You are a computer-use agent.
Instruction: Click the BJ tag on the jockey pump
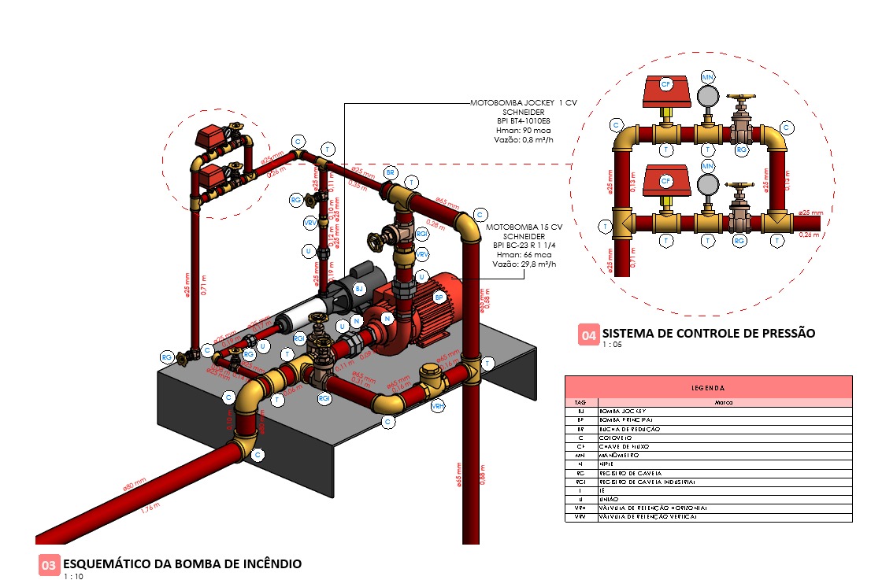pos(359,290)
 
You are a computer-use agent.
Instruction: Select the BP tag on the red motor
pos(439,297)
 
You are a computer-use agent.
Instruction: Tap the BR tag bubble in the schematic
pos(389,172)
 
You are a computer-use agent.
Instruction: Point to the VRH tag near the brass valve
pos(437,406)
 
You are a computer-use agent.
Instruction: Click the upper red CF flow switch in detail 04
pos(665,91)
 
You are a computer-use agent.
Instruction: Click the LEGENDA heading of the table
pos(708,387)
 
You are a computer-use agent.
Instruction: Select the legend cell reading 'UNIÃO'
pos(611,499)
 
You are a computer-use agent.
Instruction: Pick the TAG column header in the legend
pos(580,401)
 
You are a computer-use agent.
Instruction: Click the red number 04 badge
pos(588,334)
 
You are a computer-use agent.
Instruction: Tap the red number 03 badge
pos(48,564)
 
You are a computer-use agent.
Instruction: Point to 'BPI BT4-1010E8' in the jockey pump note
pos(521,121)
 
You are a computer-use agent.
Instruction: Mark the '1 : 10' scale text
pos(73,576)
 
